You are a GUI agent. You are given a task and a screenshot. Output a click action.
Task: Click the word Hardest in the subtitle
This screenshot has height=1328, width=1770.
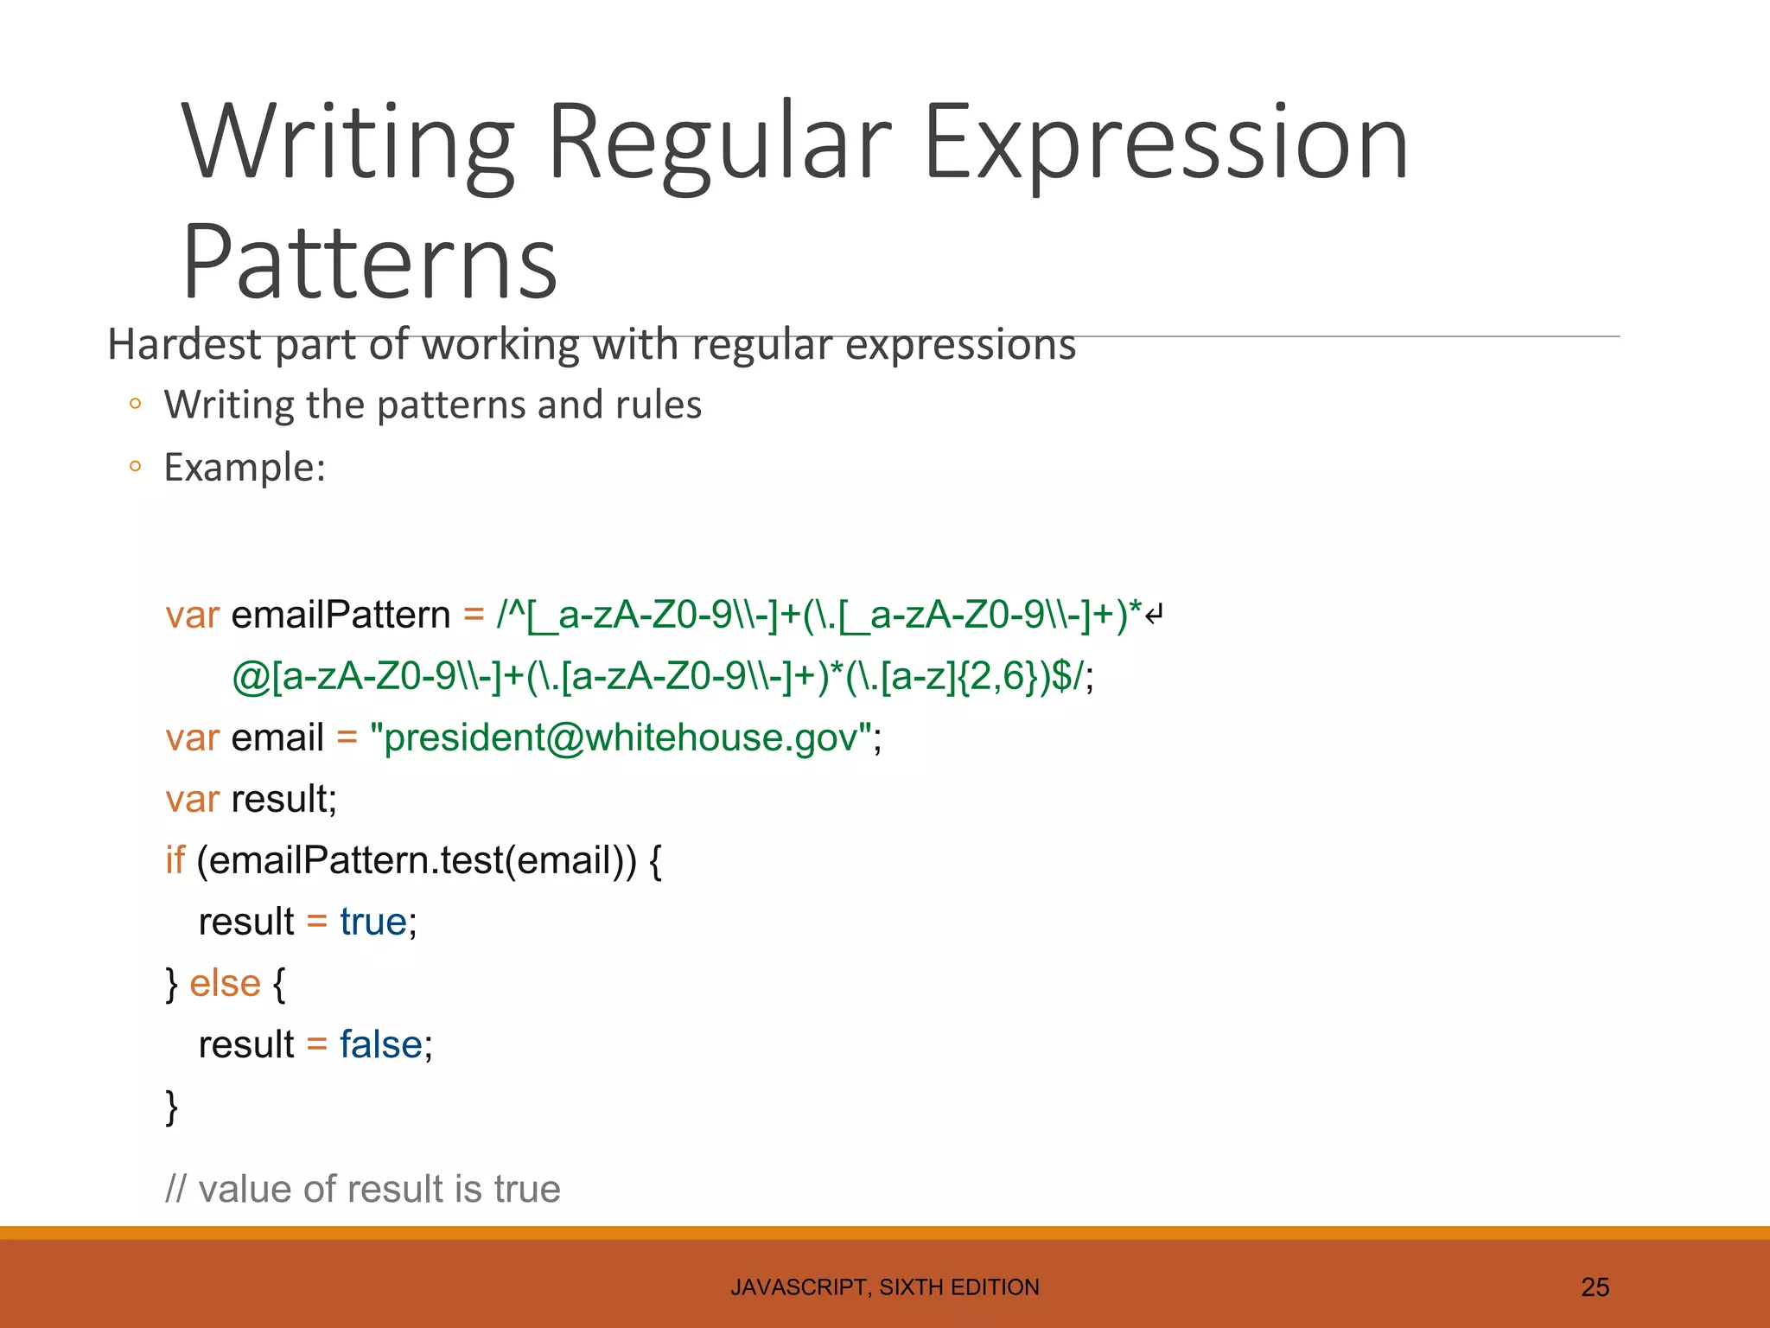coord(183,345)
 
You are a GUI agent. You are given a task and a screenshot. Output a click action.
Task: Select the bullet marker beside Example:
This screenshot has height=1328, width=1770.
coord(135,467)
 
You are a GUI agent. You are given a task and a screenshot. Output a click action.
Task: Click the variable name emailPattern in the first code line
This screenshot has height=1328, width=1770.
coord(341,615)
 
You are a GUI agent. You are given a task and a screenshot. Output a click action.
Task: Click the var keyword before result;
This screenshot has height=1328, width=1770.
coord(192,799)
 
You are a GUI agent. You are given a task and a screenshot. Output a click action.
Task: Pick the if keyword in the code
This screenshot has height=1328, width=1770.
coord(175,860)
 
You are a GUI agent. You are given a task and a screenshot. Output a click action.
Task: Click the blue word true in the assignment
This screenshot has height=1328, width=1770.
coord(372,922)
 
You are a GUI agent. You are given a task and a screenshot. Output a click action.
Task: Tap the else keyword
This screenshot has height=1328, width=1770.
coord(225,983)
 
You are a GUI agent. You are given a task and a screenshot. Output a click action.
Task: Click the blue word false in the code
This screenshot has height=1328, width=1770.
coord(380,1044)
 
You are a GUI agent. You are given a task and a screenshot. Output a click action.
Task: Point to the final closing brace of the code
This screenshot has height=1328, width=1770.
coord(171,1107)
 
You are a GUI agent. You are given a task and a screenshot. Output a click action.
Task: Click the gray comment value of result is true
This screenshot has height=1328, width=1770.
coord(363,1189)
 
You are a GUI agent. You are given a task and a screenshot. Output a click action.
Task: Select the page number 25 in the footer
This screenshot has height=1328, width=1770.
coord(1595,1287)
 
